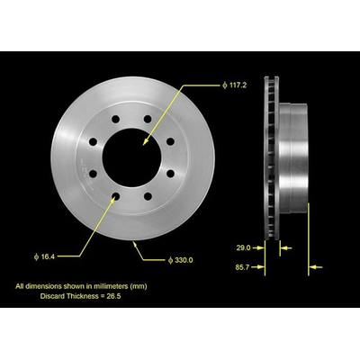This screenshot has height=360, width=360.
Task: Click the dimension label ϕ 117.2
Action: coord(235,85)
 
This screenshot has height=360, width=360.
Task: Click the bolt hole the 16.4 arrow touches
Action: coord(115,196)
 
